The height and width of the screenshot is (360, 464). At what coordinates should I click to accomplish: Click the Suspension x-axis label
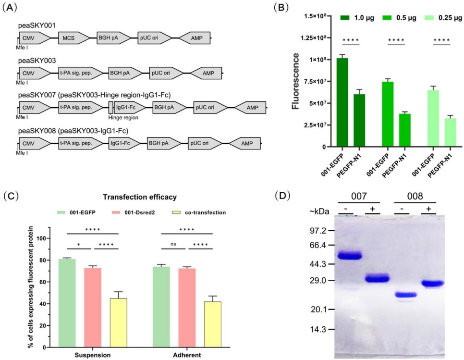pyautogui.click(x=92, y=355)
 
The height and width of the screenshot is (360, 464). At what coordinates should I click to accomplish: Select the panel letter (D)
pyautogui.click(x=284, y=196)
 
